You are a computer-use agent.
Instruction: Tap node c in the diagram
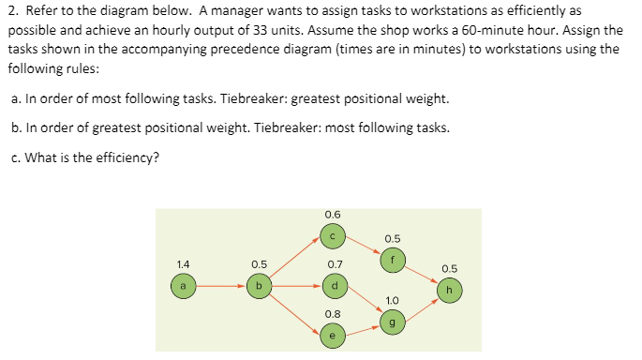pyautogui.click(x=333, y=234)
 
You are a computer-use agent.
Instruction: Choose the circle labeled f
pyautogui.click(x=393, y=259)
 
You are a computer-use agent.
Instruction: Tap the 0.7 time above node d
pyautogui.click(x=334, y=264)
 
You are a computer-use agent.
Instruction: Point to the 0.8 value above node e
pyautogui.click(x=334, y=314)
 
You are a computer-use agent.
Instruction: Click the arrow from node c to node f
pyautogui.click(x=363, y=247)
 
